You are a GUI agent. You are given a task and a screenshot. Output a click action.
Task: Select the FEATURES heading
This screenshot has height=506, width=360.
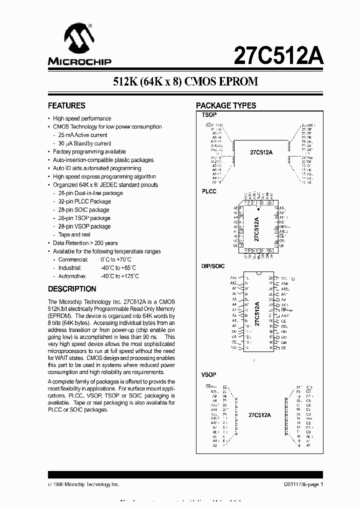click(66, 105)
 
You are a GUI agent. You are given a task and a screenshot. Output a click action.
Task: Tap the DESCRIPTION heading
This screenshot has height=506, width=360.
click(72, 289)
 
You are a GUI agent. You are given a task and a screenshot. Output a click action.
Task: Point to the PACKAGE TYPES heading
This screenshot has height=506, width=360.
click(226, 105)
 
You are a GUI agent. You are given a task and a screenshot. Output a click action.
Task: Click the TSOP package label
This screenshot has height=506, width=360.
click(209, 115)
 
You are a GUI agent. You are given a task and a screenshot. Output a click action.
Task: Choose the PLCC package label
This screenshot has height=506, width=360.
click(209, 192)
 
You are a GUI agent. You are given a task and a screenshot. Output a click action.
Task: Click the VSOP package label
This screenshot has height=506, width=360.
click(209, 374)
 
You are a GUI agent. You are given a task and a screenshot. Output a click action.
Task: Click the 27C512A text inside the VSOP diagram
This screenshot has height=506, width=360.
click(259, 415)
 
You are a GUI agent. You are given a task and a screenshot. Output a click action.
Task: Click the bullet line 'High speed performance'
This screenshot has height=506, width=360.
click(82, 118)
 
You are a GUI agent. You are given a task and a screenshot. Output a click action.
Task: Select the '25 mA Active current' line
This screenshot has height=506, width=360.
click(82, 135)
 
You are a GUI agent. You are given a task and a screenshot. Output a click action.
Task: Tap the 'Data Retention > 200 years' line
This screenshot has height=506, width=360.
click(85, 243)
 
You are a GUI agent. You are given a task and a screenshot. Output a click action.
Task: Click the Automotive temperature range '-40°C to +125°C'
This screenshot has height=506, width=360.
click(119, 276)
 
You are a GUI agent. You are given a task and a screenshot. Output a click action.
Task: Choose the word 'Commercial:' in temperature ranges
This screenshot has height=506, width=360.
click(73, 259)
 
